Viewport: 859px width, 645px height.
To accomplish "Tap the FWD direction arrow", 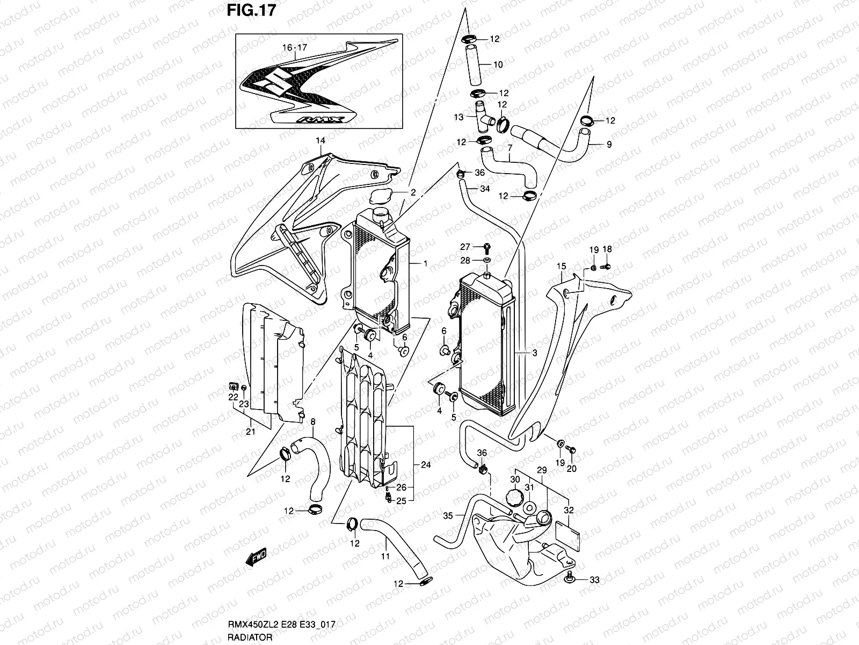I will tap(257, 557).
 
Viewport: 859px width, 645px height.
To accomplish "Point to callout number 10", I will tap(498, 65).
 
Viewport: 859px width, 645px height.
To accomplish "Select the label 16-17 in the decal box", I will tap(294, 48).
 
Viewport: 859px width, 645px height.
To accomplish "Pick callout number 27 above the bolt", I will tap(465, 247).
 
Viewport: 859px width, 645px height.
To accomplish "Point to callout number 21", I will tap(251, 432).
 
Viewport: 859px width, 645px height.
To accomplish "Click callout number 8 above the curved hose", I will tap(313, 422).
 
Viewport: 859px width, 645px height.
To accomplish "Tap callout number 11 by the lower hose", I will tap(385, 557).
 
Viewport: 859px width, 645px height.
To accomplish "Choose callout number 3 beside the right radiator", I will tap(535, 353).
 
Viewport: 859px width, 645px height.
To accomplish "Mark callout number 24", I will tap(426, 465).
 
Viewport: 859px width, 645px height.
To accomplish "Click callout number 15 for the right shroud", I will tap(562, 266).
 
